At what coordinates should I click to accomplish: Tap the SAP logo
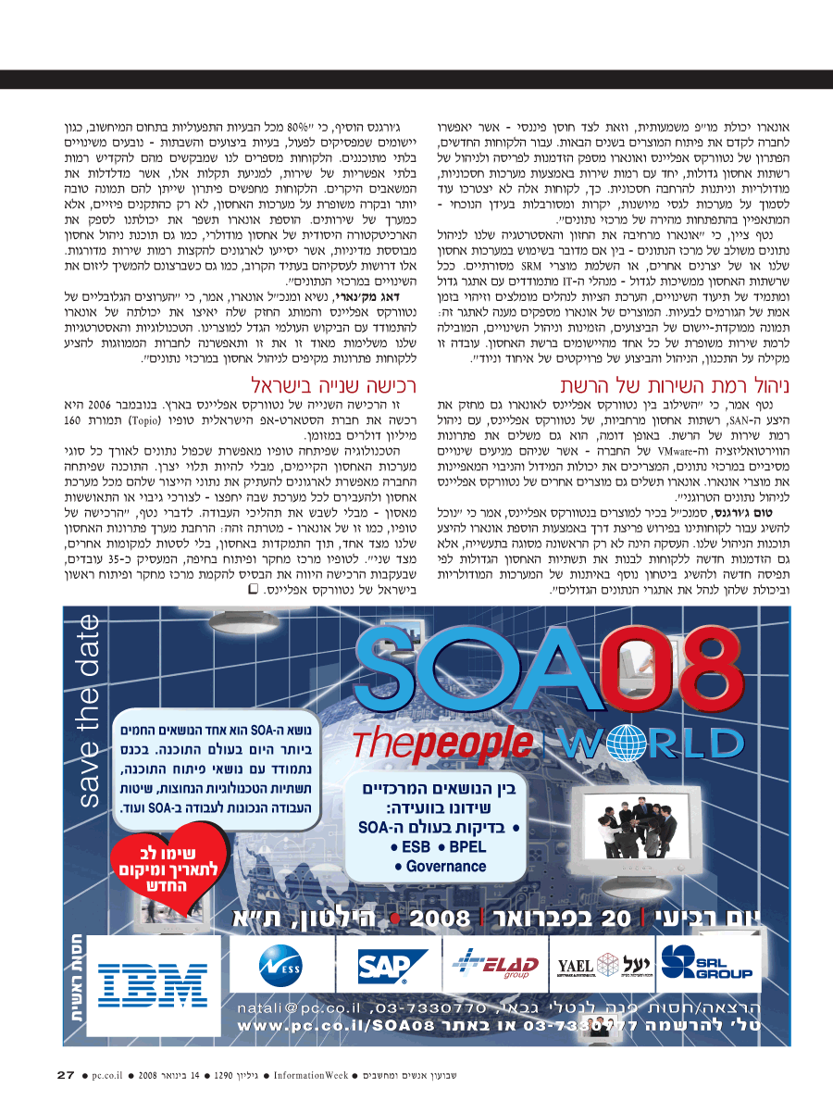(383, 968)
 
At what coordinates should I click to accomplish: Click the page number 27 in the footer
(65, 1075)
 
